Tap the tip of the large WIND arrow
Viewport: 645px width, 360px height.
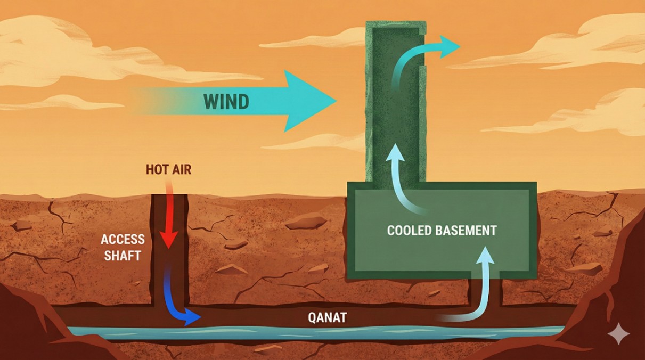pos(334,100)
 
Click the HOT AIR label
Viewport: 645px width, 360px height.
pos(168,170)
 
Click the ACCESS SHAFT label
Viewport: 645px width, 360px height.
pos(121,248)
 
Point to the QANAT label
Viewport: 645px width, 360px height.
pos(327,318)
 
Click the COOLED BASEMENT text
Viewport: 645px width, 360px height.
pos(442,231)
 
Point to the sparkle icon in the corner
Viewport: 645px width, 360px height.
pos(618,334)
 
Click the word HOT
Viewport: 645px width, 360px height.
pos(156,170)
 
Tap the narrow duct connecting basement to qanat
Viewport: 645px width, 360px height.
pos(485,293)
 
